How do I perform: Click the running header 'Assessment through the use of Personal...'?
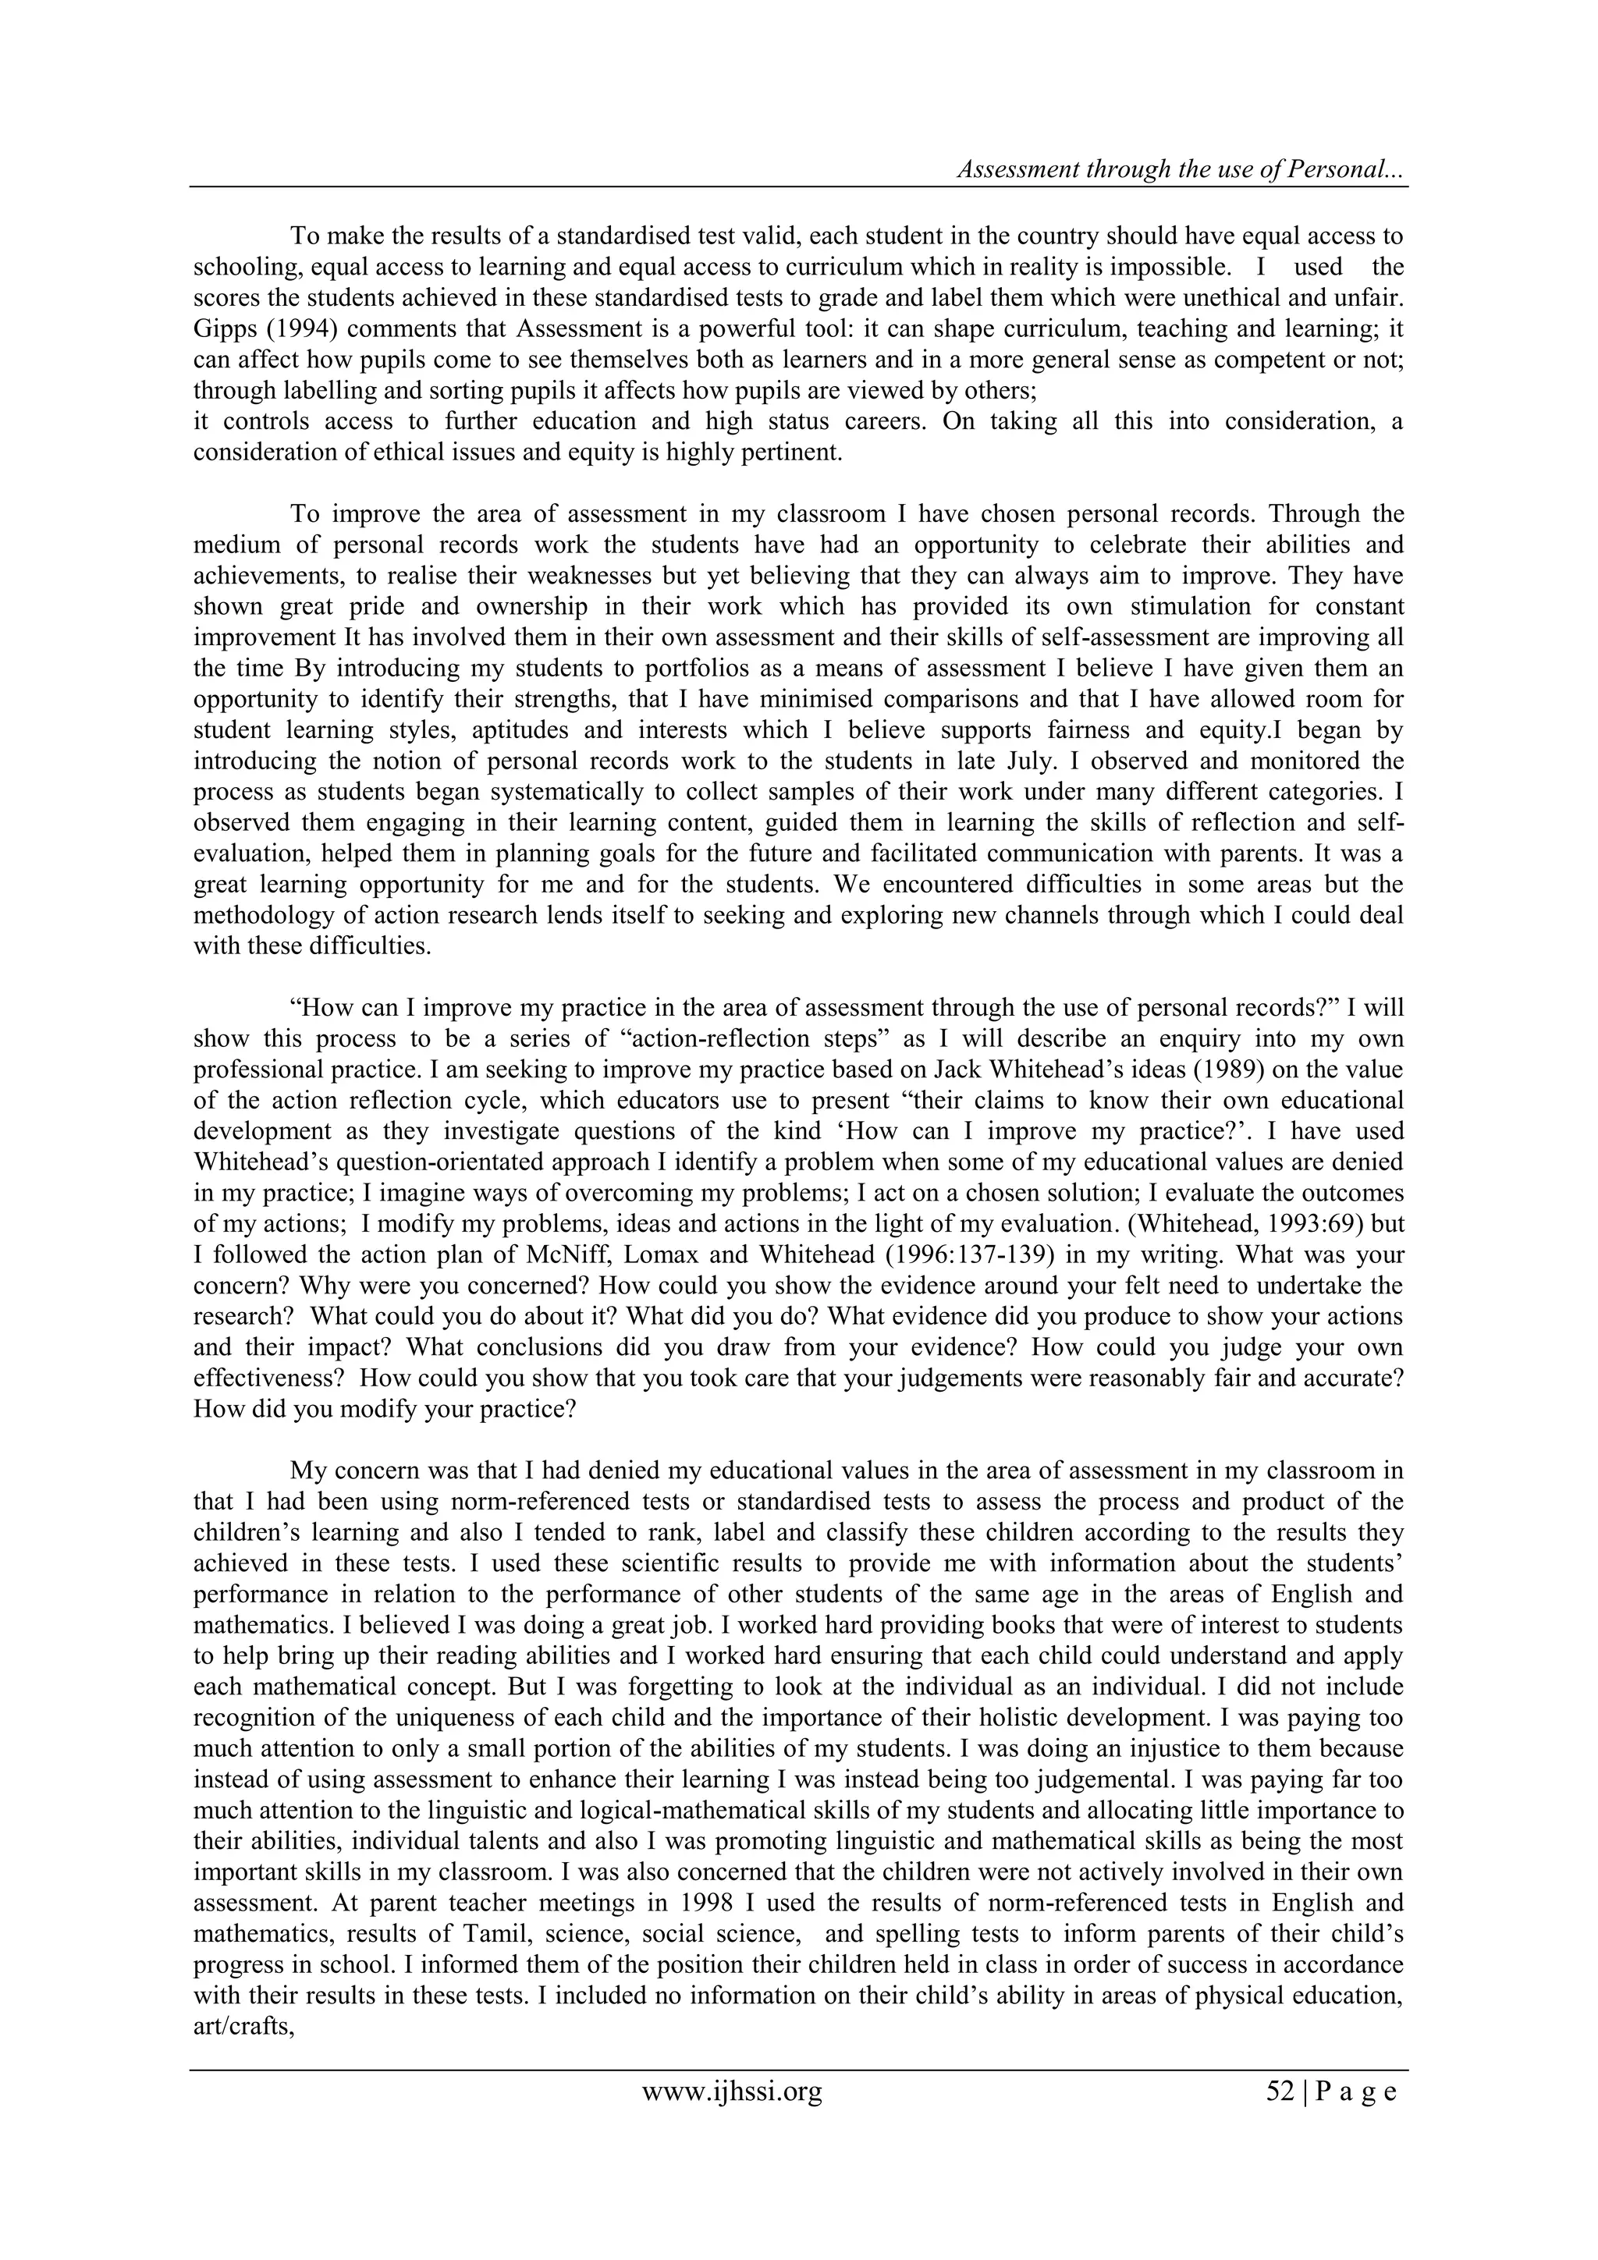point(1181,169)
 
